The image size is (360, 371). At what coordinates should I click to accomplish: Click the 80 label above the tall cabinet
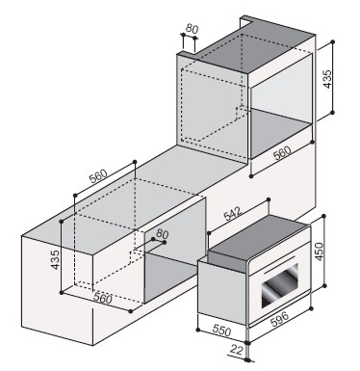click(192, 29)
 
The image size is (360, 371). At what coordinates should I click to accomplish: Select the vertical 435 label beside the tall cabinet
click(327, 79)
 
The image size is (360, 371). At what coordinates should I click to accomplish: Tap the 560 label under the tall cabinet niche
click(282, 153)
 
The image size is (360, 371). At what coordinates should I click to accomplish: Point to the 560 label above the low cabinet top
click(98, 176)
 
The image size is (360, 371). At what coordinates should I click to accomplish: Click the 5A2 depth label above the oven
click(233, 214)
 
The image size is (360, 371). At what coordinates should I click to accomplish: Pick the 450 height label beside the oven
click(320, 252)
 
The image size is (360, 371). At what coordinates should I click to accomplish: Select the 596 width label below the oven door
click(279, 319)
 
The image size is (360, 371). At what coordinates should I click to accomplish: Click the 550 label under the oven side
click(221, 331)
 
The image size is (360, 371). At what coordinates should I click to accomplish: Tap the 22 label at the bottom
click(237, 350)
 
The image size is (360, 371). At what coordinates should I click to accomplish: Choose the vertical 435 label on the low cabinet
click(55, 259)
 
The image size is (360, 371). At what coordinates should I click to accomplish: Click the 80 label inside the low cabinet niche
click(163, 233)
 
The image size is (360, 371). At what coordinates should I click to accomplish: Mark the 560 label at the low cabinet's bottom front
click(103, 299)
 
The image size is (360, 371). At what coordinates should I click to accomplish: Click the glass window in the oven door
click(280, 285)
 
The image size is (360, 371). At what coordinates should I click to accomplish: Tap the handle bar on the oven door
click(279, 265)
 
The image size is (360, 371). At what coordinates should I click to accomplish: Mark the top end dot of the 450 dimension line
click(323, 217)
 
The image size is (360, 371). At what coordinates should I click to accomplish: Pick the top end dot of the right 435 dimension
click(333, 41)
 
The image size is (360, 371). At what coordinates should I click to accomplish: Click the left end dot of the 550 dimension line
click(198, 330)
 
